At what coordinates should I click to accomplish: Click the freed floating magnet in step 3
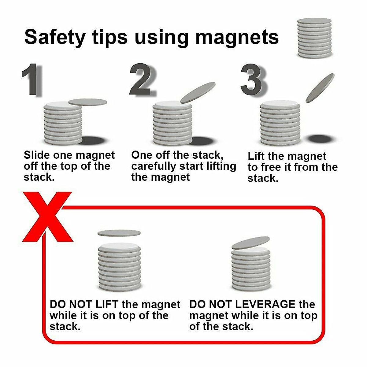(320, 88)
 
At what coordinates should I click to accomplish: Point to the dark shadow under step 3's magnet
(320, 139)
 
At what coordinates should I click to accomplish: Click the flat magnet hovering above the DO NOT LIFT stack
(119, 233)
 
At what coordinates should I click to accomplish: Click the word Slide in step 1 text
(37, 155)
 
